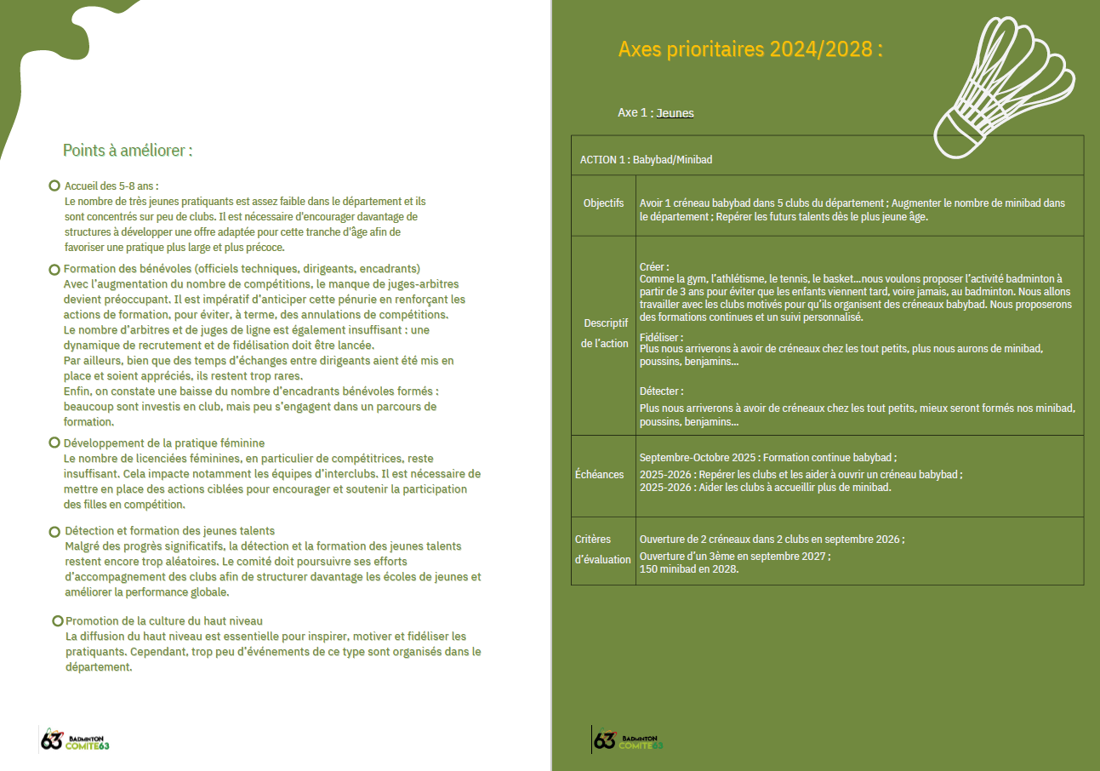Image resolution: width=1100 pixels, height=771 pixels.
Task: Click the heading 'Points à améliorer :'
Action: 128,151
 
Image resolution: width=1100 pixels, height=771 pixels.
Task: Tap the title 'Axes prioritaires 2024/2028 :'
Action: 749,49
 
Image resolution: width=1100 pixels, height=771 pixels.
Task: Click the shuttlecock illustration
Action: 1004,81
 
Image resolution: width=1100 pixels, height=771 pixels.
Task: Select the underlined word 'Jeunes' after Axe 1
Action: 675,113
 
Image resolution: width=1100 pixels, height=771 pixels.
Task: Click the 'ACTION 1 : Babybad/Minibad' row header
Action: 646,159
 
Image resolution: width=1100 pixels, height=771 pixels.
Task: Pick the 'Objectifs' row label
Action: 603,203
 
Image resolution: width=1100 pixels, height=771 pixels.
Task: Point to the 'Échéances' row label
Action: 599,474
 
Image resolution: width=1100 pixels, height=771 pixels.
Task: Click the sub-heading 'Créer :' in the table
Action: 654,266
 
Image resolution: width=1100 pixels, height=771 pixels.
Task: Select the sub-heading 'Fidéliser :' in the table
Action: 661,337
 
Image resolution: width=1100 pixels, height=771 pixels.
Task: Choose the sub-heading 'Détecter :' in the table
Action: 661,391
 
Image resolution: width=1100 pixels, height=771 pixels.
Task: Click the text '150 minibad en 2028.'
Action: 689,569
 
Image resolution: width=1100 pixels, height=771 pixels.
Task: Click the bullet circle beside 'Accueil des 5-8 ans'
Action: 54,186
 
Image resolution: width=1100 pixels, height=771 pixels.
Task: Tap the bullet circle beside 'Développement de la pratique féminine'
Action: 54,443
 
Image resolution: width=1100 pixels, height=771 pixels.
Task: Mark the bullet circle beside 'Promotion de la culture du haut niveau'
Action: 58,621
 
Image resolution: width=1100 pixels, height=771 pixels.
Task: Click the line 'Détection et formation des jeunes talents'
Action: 170,531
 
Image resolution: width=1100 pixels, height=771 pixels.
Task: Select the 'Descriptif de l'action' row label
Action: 606,334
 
